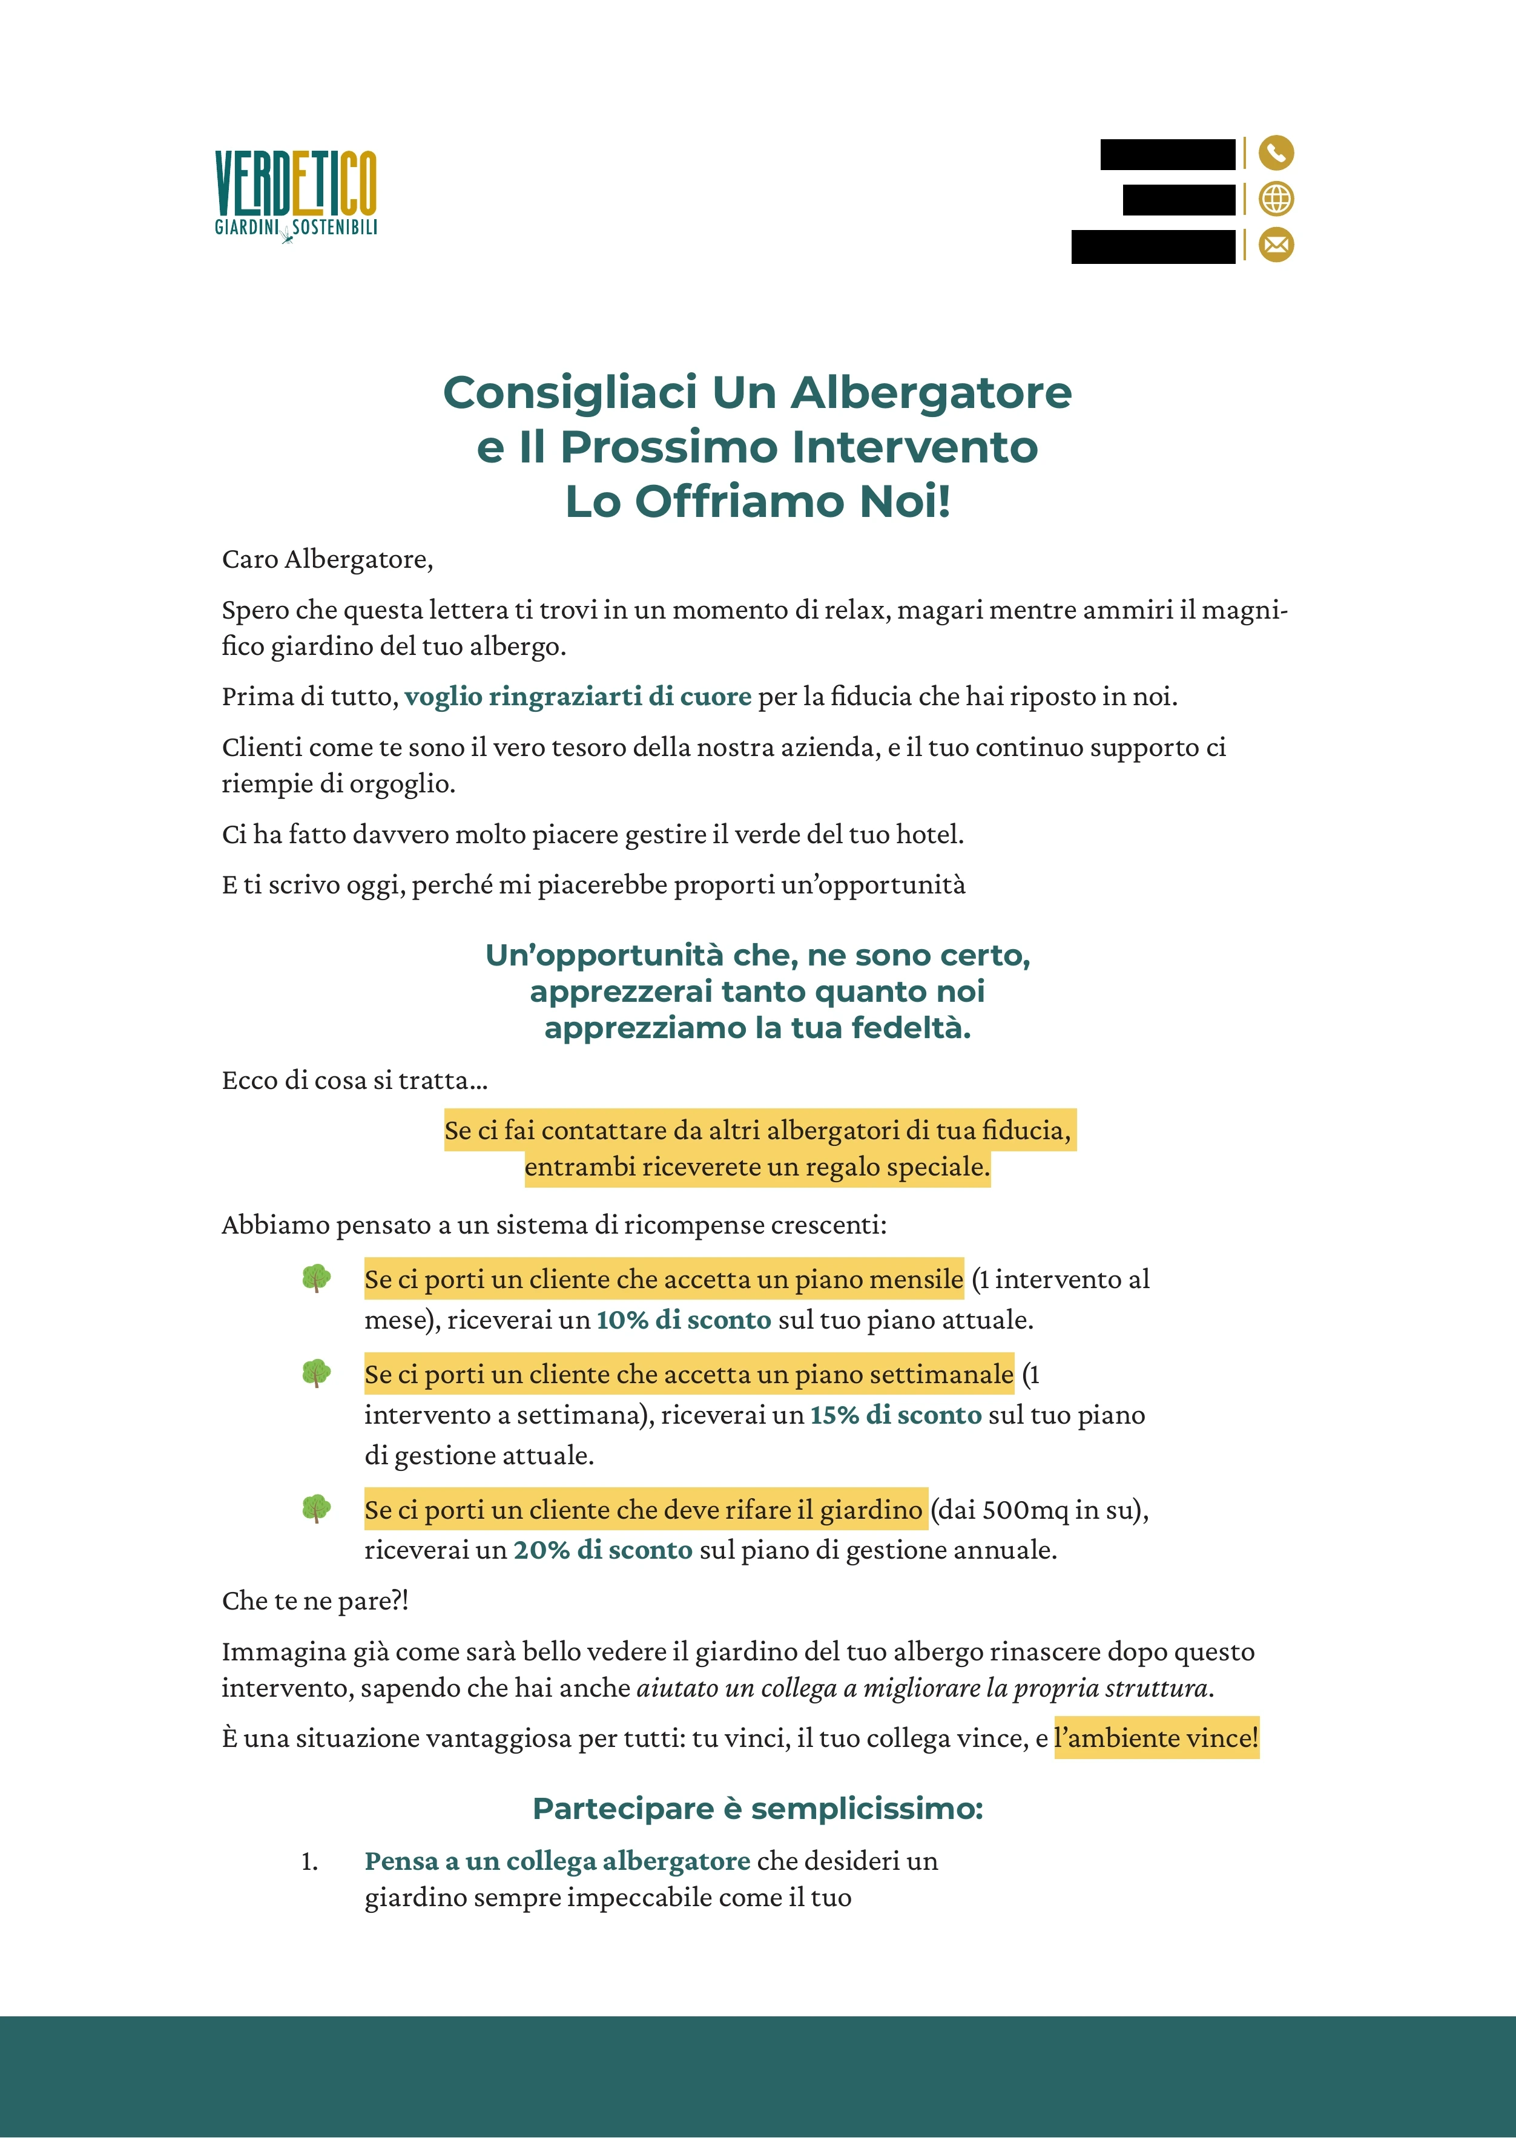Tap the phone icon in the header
point(1276,152)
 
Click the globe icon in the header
point(1276,199)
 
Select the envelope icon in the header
point(1276,245)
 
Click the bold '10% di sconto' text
point(684,1320)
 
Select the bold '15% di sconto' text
point(895,1415)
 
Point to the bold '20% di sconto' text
point(602,1550)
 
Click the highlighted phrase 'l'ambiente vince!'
point(1156,1738)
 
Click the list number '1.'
point(309,1862)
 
